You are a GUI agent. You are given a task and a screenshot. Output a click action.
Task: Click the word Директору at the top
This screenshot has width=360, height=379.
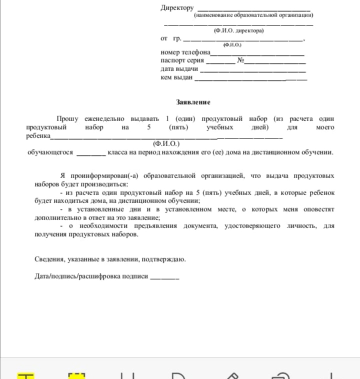177,8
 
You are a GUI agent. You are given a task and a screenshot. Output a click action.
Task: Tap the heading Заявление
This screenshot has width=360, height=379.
193,102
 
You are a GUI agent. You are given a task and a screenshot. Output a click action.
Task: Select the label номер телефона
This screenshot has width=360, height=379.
185,52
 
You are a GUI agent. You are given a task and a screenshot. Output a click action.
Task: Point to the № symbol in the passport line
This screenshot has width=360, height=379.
240,61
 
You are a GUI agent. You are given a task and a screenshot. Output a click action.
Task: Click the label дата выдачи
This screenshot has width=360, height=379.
179,69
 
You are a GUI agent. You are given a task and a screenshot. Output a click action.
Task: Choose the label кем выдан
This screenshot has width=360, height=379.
176,77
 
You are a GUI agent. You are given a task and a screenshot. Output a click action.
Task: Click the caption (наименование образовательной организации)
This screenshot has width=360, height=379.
253,16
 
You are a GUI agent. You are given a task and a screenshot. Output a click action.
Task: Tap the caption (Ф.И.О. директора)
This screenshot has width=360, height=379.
238,31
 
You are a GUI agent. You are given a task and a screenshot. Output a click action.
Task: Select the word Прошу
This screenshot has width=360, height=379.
67,119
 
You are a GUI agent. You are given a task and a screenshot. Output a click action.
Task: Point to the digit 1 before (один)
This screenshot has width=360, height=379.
167,119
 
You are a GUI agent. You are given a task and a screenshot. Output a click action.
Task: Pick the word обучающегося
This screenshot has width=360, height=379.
50,152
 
